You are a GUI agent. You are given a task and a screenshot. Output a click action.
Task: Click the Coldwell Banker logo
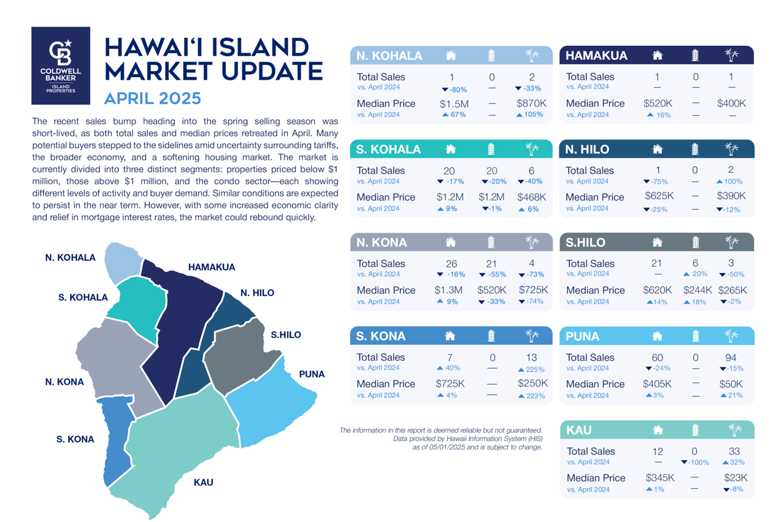pos(61,66)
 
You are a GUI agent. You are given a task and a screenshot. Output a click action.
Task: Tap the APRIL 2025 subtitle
pos(153,98)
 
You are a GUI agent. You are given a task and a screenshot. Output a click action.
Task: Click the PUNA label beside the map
pos(312,374)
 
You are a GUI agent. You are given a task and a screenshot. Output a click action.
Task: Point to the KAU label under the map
pos(204,482)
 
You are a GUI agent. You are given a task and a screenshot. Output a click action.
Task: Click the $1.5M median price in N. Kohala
pos(454,104)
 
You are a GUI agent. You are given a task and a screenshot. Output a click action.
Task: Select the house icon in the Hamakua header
pos(658,55)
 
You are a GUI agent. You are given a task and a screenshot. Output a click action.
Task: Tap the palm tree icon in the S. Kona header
pos(532,335)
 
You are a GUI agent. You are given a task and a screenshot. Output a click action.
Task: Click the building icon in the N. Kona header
pos(491,242)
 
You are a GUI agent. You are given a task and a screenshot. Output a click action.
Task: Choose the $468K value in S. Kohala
pos(531,197)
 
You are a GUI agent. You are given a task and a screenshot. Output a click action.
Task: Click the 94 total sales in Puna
pos(731,358)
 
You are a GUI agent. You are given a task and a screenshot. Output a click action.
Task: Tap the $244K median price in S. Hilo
pos(698,290)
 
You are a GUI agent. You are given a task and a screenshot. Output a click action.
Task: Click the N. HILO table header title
pos(587,149)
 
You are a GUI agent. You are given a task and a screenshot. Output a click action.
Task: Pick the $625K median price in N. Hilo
pos(659,196)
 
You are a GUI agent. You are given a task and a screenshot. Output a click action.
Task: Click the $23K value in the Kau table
pos(736,478)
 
